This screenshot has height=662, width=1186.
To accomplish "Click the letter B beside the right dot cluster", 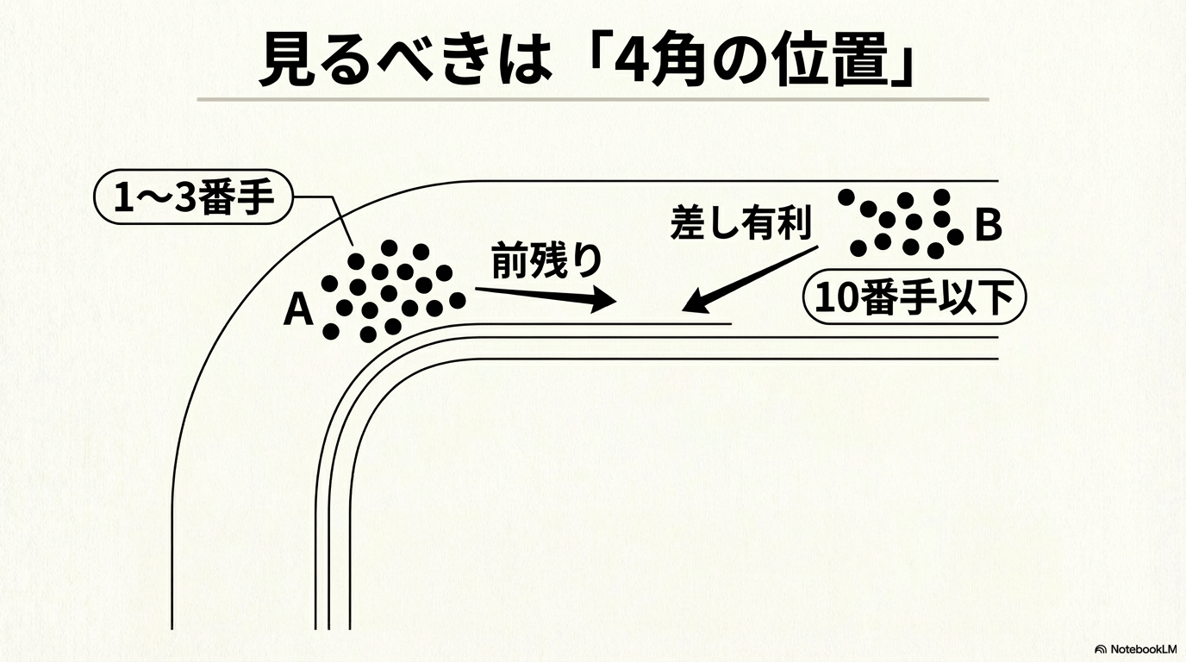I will tap(988, 225).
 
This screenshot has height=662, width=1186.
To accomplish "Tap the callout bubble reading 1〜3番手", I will tap(193, 198).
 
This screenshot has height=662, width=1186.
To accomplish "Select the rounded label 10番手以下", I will tap(914, 298).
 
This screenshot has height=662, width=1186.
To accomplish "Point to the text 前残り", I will tap(546, 261).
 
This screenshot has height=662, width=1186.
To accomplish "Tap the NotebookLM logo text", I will tap(1140, 648).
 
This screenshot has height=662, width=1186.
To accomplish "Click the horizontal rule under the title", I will tap(592, 99).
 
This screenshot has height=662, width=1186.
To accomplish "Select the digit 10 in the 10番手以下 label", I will tap(838, 299).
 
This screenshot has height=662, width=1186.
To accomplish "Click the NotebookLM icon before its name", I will tap(1101, 649).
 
